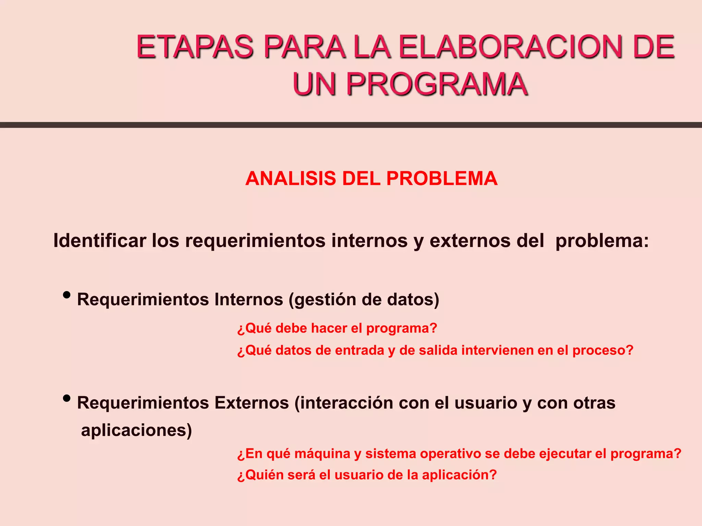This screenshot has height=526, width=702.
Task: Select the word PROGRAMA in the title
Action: [437, 84]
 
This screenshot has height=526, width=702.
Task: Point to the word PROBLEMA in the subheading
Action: [442, 178]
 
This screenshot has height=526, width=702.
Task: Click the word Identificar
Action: [100, 240]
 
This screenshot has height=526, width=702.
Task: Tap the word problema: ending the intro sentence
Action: [602, 241]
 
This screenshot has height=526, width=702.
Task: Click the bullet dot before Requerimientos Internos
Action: [67, 295]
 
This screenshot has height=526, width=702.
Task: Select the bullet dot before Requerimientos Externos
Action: [67, 398]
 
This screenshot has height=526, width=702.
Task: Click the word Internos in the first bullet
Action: [249, 299]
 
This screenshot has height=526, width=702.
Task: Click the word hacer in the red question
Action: [329, 328]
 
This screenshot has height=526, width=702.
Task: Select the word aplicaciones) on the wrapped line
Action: [136, 430]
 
